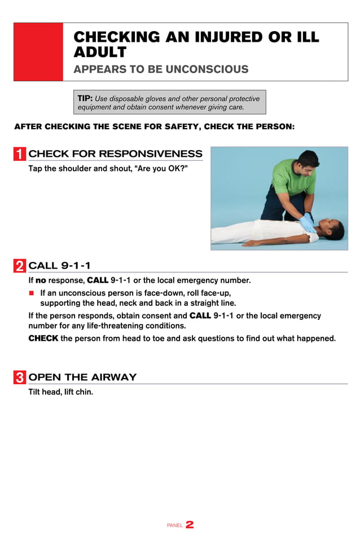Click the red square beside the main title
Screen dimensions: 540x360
(x=38, y=52)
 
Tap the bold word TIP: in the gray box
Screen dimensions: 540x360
(x=85, y=98)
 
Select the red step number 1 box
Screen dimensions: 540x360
(x=20, y=154)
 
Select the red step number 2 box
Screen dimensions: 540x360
(x=20, y=266)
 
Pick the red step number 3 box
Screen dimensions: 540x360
(x=20, y=377)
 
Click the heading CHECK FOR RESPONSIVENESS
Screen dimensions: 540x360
(x=115, y=154)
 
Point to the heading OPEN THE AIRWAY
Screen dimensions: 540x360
(x=82, y=377)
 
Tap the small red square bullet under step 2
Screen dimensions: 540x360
(x=32, y=293)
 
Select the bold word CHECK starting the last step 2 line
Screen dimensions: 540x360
(x=43, y=339)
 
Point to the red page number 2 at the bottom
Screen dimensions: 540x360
(x=190, y=525)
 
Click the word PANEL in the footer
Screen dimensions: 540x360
(x=175, y=526)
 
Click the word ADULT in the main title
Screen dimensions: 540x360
(x=100, y=52)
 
